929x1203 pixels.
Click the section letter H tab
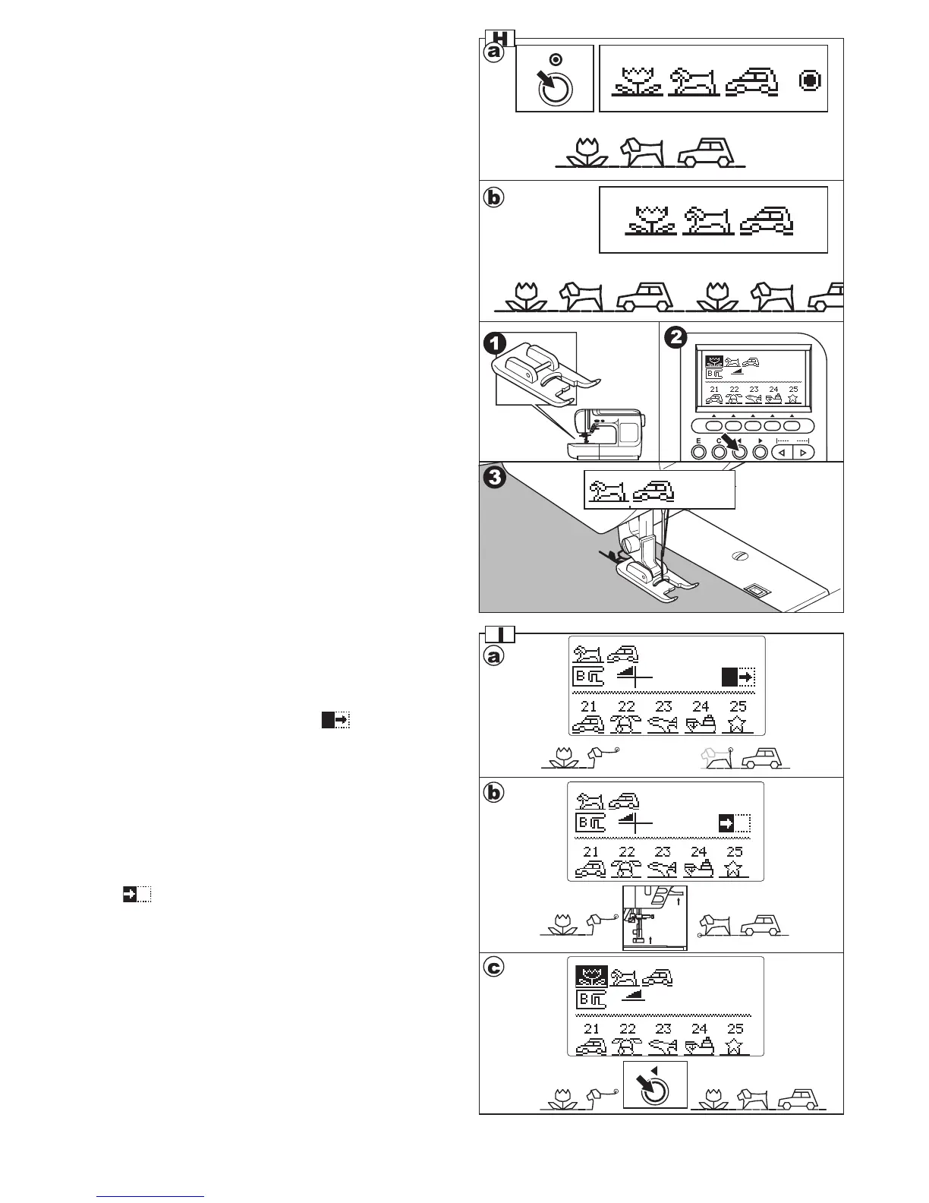(499, 38)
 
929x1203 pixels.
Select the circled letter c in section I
(494, 968)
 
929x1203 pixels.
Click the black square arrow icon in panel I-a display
(738, 677)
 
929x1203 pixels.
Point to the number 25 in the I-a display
(737, 706)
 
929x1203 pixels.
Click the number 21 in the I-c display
(591, 1028)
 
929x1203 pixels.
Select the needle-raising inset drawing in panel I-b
(654, 917)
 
